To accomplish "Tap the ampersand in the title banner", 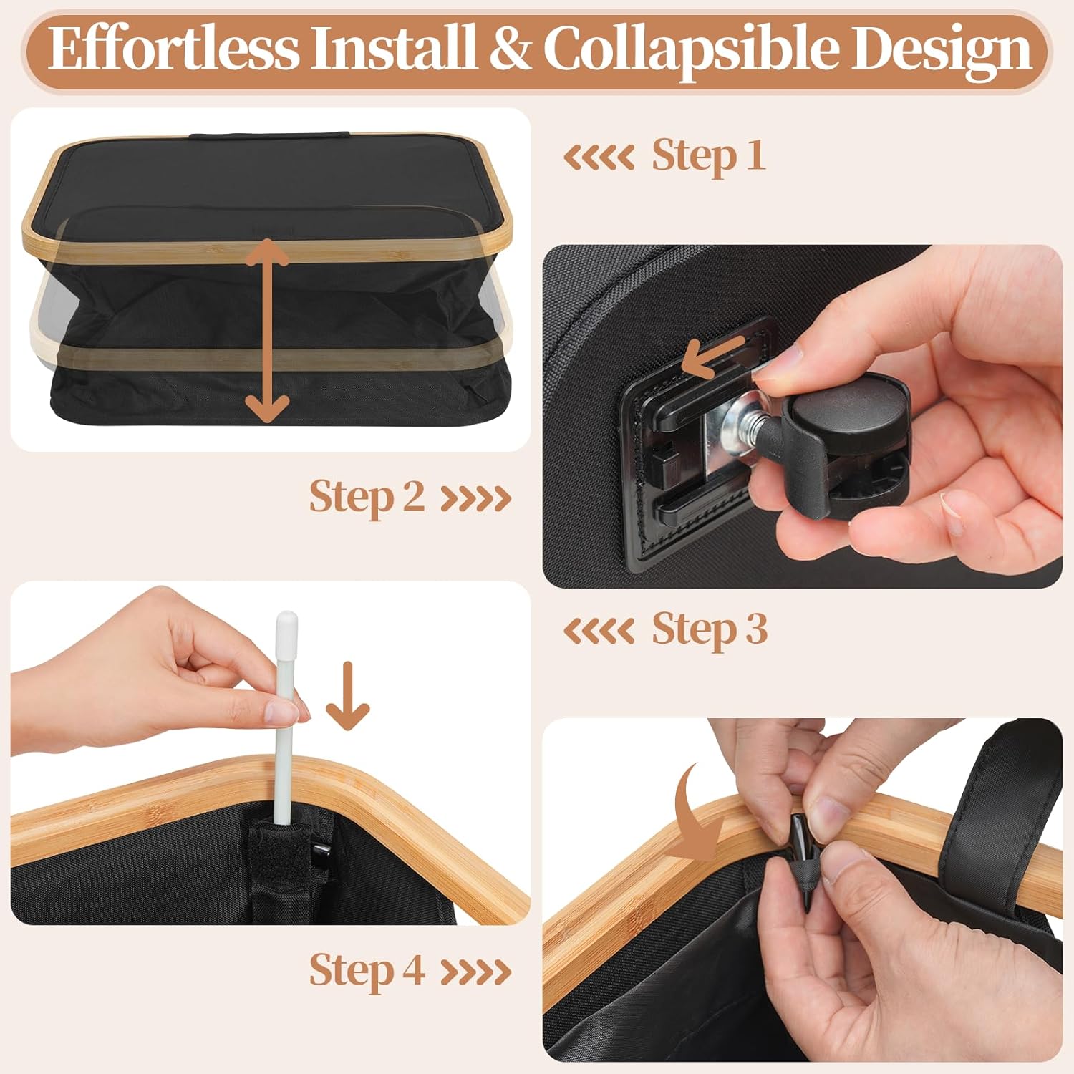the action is [511, 49].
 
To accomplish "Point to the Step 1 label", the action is [708, 155].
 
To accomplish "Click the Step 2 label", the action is [367, 497].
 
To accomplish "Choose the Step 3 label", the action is [709, 629].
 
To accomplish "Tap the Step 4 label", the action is [367, 971].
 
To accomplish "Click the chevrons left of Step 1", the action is [599, 157].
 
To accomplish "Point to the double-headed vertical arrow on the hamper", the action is [267, 330].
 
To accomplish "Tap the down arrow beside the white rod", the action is [348, 695].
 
